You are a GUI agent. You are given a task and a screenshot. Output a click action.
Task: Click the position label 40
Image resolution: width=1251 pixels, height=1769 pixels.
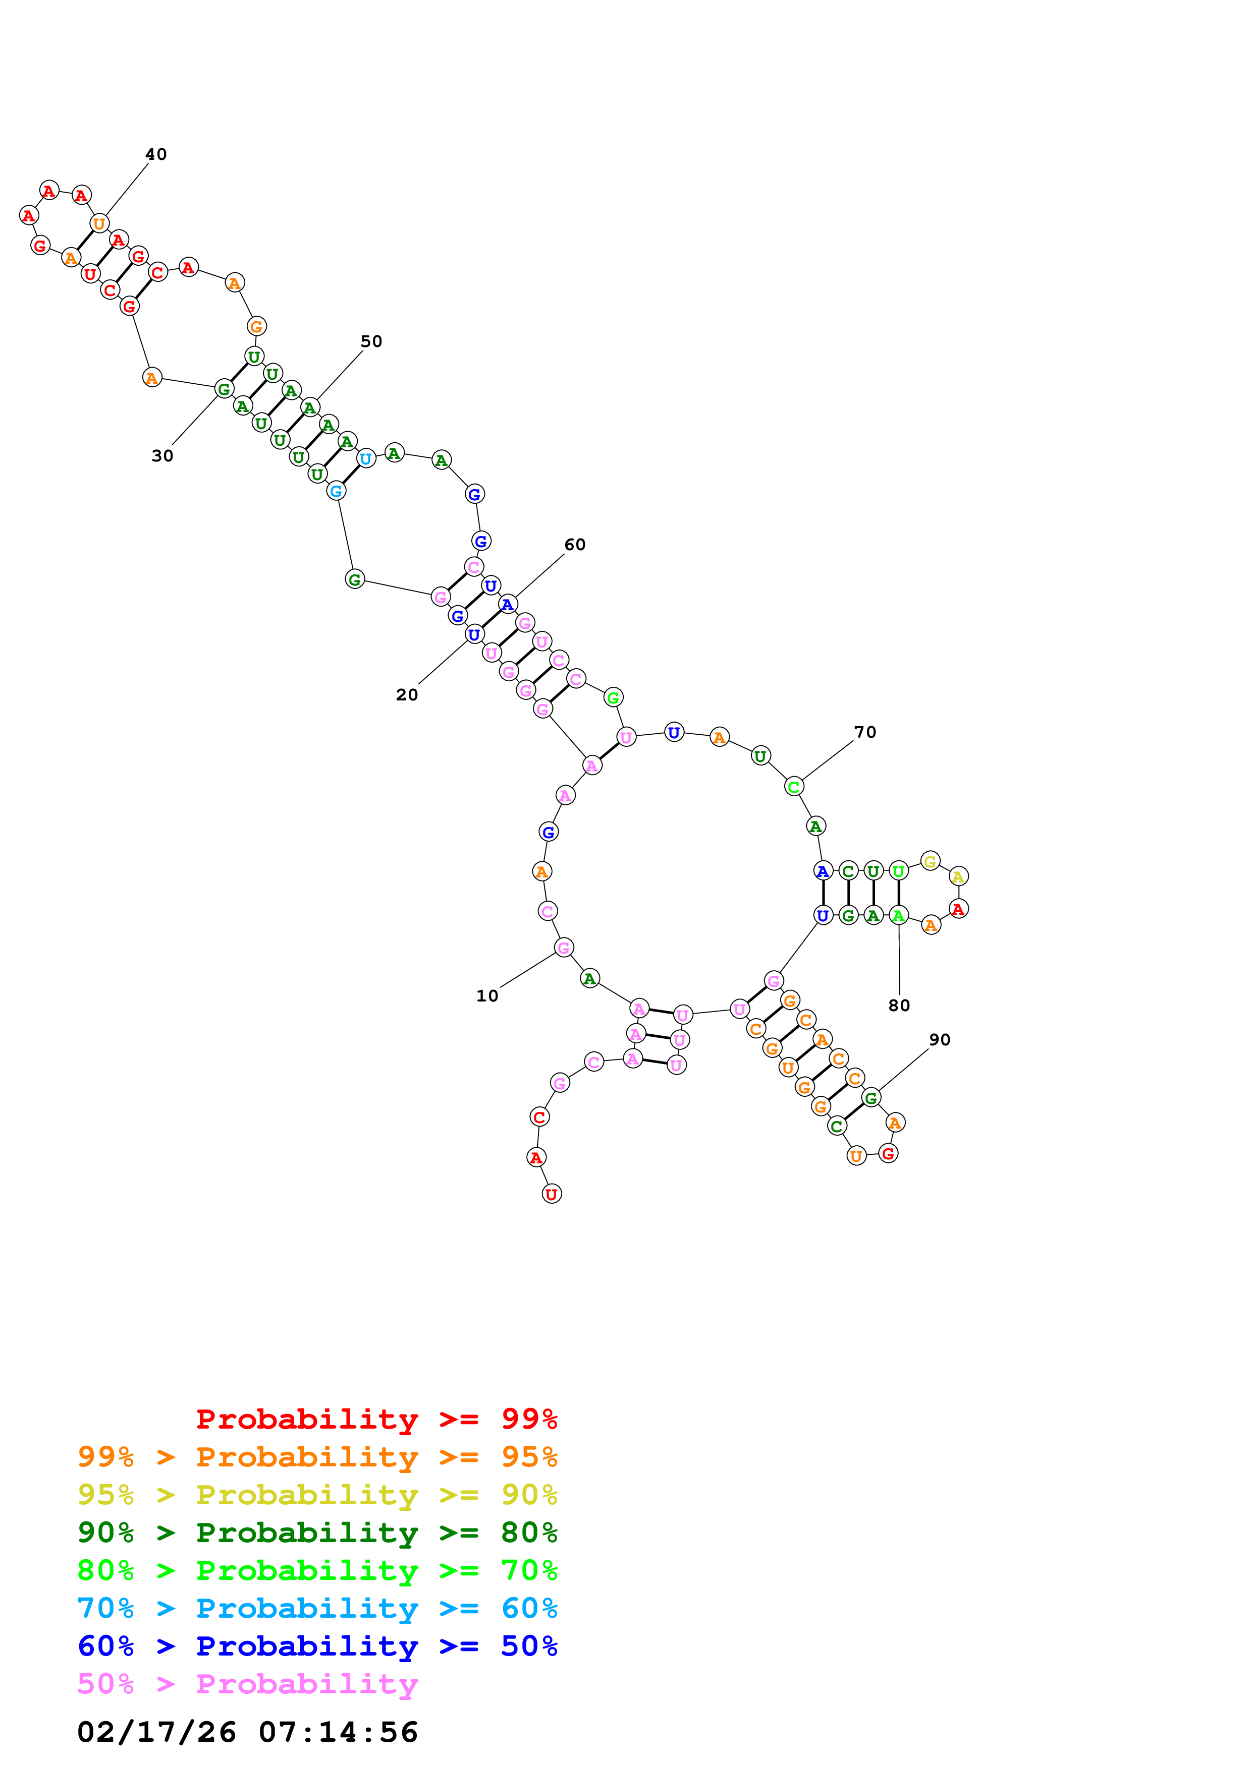coord(156,154)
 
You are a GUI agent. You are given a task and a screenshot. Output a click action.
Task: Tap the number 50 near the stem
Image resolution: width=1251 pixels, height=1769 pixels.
coord(371,341)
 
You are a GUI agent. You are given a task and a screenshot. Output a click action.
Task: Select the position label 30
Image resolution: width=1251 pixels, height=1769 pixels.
coord(162,456)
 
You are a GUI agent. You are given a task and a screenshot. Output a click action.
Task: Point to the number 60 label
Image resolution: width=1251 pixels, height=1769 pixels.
coord(575,545)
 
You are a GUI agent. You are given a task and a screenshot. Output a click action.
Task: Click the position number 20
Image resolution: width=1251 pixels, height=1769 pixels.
coord(407,695)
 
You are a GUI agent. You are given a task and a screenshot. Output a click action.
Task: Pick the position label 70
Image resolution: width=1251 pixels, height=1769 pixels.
coord(865,732)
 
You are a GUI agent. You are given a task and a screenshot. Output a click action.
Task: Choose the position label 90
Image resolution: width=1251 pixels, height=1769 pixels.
coord(940,1039)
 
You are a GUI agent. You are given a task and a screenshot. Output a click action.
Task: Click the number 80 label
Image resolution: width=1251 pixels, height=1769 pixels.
coord(899,1006)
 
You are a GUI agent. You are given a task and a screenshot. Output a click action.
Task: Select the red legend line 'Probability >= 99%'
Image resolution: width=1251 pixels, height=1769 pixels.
coord(377,1419)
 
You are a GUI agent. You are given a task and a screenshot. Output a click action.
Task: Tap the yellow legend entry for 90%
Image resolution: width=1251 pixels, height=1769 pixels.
coord(317,1495)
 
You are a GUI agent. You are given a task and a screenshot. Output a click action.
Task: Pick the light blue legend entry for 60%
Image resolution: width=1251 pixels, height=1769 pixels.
coord(317,1609)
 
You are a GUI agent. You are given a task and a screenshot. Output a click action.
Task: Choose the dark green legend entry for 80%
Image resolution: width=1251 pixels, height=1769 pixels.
coord(317,1532)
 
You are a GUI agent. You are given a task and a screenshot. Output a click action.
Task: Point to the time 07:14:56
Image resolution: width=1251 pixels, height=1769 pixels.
coord(339,1733)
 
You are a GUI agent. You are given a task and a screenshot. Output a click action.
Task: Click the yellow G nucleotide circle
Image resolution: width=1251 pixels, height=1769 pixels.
coord(931,861)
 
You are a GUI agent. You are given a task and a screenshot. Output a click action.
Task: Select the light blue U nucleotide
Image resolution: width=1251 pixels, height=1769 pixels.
coord(365,458)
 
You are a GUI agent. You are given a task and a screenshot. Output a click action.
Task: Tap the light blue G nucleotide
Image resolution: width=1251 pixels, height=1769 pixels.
coord(336,491)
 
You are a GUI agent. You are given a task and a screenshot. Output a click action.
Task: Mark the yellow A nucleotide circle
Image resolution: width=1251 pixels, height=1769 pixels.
coord(958,877)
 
